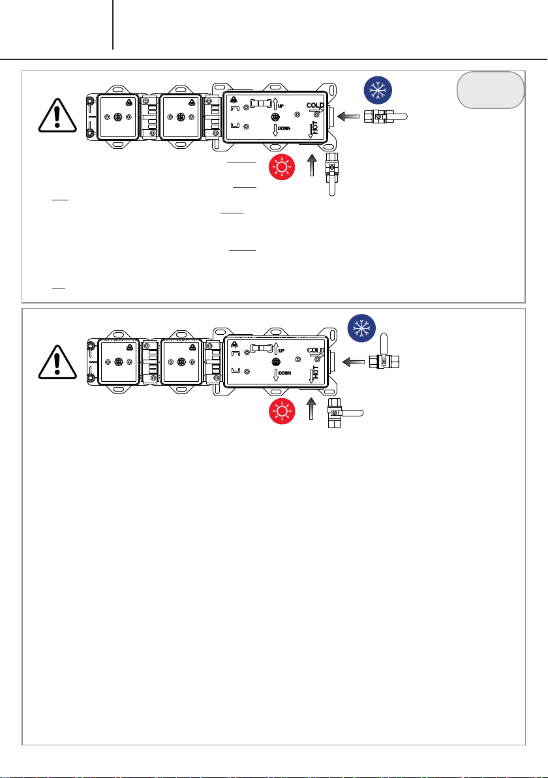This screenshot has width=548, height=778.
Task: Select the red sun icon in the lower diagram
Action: click(282, 412)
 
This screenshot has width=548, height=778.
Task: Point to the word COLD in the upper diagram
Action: click(315, 104)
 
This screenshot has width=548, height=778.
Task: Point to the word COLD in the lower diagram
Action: click(315, 350)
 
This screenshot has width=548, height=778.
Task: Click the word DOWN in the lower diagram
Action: click(284, 373)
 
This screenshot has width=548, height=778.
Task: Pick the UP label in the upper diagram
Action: click(281, 106)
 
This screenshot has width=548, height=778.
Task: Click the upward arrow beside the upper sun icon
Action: click(311, 165)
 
